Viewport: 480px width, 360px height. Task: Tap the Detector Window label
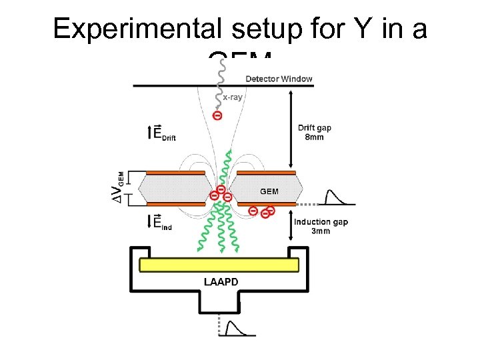tap(279, 79)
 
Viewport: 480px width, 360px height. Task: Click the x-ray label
tap(232, 97)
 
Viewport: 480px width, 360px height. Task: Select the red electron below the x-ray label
tap(217, 115)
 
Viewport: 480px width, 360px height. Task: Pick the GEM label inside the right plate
tap(269, 191)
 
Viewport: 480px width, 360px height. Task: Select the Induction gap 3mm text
tap(320, 226)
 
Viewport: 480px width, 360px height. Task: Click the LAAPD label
tap(221, 281)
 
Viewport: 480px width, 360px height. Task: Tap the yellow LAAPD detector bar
tap(219, 265)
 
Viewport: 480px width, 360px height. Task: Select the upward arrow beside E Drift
tap(150, 132)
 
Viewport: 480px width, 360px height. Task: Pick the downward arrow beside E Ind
tap(150, 221)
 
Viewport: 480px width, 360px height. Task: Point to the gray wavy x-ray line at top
tap(219, 80)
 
